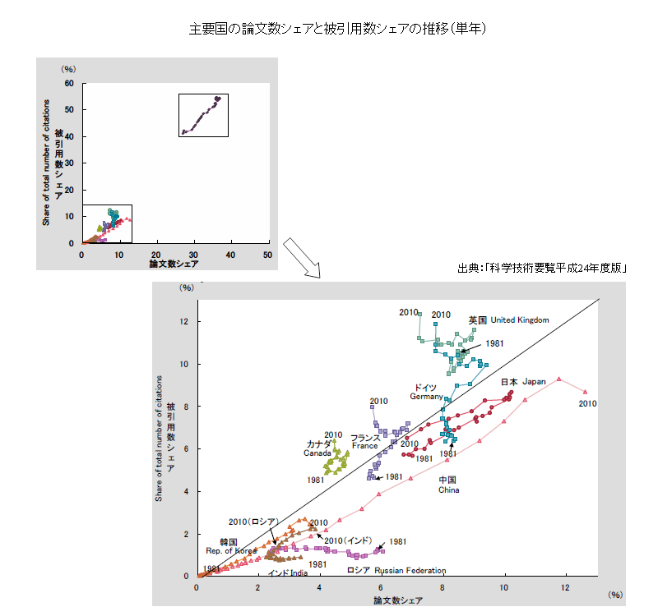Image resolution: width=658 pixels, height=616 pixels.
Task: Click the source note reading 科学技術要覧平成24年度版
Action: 544,268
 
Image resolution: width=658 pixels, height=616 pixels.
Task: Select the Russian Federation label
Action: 396,570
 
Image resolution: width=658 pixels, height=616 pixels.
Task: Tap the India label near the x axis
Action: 288,572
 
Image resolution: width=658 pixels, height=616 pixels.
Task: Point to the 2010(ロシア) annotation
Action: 254,522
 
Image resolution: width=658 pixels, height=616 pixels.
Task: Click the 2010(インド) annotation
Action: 349,540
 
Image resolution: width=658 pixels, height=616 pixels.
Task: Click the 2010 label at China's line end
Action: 587,404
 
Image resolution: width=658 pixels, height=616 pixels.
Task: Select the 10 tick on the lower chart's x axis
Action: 504,586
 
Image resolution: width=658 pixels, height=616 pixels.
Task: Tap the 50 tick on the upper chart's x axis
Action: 267,255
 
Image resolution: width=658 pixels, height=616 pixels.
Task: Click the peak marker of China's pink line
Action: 559,379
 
